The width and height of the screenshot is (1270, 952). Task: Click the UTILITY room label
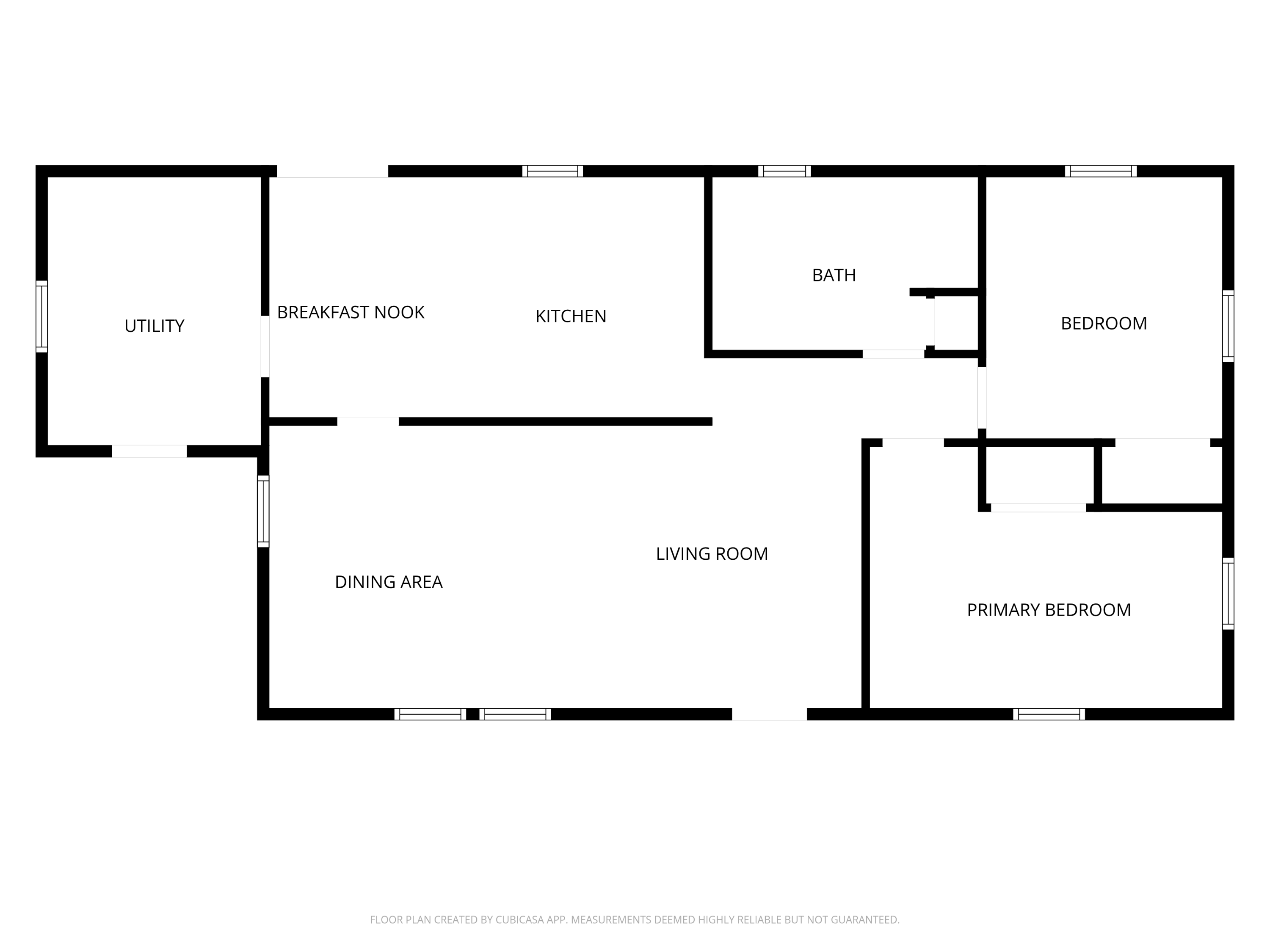pyautogui.click(x=155, y=326)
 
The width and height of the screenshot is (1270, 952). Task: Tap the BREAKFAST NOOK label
pyautogui.click(x=351, y=312)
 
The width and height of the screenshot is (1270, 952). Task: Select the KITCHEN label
pyautogui.click(x=571, y=316)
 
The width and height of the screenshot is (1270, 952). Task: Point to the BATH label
pyautogui.click(x=834, y=275)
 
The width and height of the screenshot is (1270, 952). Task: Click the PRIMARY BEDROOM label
pyautogui.click(x=1049, y=610)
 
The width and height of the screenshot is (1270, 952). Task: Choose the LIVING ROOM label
pyautogui.click(x=712, y=554)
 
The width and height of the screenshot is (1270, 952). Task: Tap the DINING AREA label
pyautogui.click(x=389, y=582)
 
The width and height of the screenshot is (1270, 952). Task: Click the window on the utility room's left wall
pyautogui.click(x=41, y=317)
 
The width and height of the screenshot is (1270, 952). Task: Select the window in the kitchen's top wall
pyautogui.click(x=552, y=171)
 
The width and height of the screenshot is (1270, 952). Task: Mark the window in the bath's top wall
pyautogui.click(x=784, y=171)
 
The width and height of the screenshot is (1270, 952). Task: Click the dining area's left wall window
pyautogui.click(x=263, y=511)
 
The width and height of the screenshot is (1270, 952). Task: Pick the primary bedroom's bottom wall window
pyautogui.click(x=1049, y=714)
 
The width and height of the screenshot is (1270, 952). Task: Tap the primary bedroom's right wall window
pyautogui.click(x=1228, y=593)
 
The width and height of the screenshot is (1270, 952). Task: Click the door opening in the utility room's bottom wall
pyautogui.click(x=149, y=451)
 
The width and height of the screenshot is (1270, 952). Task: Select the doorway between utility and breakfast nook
pyautogui.click(x=265, y=347)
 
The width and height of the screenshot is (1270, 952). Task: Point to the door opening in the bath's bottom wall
pyautogui.click(x=893, y=354)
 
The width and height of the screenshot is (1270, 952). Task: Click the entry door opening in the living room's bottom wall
pyautogui.click(x=769, y=714)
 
